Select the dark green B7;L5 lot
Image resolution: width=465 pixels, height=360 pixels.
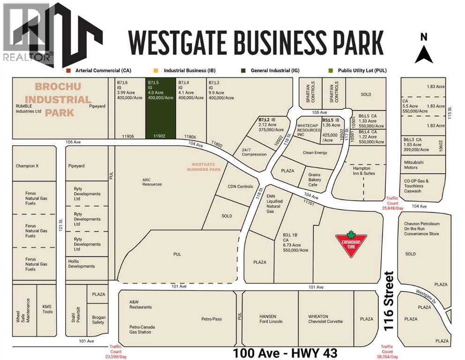(160, 108)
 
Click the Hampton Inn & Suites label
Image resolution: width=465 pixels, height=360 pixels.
(362, 171)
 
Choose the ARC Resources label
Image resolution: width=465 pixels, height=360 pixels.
(152, 181)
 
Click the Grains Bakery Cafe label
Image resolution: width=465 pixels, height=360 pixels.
(314, 180)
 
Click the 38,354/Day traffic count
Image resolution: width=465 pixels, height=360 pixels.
(387, 351)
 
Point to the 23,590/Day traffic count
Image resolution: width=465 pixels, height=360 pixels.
(115, 352)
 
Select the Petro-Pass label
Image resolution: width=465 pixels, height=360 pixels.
(212, 319)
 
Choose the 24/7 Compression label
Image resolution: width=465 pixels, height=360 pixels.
(254, 152)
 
